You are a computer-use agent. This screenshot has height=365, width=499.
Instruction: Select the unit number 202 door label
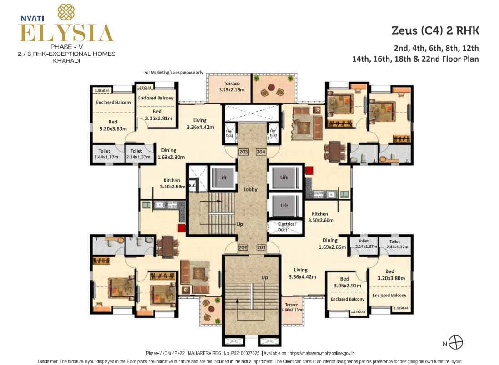[243, 247]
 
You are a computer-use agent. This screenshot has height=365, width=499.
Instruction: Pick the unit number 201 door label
[261, 247]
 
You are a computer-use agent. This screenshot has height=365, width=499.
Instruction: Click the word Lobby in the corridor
[250, 189]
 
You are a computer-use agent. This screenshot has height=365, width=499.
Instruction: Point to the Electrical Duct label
[287, 227]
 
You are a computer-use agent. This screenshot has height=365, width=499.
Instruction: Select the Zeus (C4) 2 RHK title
[435, 31]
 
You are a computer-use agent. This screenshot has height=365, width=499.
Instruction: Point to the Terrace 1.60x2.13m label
[291, 307]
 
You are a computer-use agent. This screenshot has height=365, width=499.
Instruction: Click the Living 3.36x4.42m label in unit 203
[200, 124]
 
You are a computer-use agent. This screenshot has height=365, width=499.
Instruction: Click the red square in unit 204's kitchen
[309, 171]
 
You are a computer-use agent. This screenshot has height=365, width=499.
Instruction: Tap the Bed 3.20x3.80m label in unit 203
[113, 125]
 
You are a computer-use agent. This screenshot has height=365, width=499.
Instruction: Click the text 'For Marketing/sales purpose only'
[174, 72]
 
